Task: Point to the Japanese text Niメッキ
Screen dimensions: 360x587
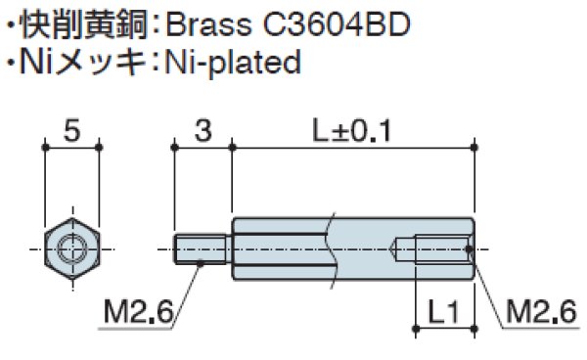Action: (83, 64)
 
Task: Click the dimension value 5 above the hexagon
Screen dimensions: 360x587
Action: (70, 130)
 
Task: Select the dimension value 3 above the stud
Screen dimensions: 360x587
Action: (203, 130)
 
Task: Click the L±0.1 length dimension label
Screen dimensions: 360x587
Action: (350, 130)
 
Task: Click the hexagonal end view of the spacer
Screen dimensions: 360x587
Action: (70, 248)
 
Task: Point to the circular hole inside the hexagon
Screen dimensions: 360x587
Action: (70, 248)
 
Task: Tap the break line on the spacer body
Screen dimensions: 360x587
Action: (336, 248)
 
